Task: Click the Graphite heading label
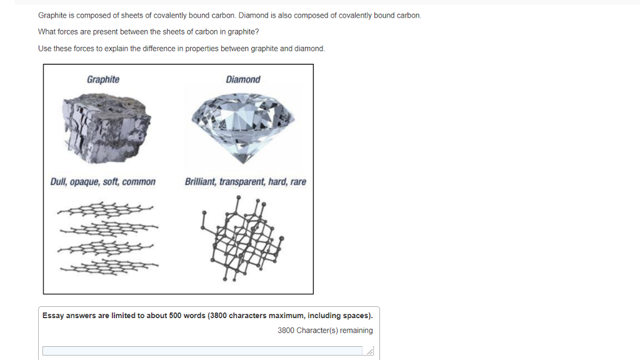pos(103,79)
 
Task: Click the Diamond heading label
pos(243,79)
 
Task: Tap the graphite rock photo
pos(106,127)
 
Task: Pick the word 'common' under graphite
pos(139,182)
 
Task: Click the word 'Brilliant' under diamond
pos(200,182)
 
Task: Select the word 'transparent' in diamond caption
pos(242,182)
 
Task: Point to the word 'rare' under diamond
pos(298,182)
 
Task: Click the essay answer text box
pos(202,351)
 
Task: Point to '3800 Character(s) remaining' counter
pos(325,331)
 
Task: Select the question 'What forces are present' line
pos(148,31)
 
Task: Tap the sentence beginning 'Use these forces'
pos(181,49)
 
